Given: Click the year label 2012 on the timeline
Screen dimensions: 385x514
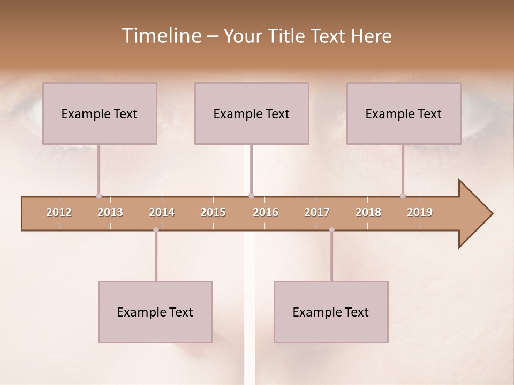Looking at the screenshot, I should [x=59, y=212].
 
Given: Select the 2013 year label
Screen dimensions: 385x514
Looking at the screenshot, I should [x=110, y=212].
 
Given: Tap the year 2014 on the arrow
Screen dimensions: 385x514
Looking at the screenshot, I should [x=162, y=212].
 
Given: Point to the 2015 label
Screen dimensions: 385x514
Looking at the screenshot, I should [x=213, y=212].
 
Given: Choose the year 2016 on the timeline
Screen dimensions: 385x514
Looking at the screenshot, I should [x=266, y=212].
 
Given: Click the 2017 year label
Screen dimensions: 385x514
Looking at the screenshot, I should [x=317, y=212].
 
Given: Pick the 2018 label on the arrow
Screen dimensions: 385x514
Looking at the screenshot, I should [x=368, y=212].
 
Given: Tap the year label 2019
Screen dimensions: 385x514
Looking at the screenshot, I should [x=420, y=212].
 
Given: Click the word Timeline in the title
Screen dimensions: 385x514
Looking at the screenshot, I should [x=161, y=36].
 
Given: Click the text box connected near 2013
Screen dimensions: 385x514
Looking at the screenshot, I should [x=100, y=113].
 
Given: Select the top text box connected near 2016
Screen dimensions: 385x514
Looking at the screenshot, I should [x=252, y=113].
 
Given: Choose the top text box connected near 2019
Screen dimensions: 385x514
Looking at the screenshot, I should [x=404, y=113].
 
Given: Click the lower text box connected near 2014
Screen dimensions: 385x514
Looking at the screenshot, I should [x=155, y=312].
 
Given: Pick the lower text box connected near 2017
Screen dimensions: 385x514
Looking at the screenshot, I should [x=331, y=312].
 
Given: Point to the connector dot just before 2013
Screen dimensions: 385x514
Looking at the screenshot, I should [x=99, y=196].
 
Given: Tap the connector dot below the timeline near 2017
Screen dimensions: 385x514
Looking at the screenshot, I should [x=331, y=230].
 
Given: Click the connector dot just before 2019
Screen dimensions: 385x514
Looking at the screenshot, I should [x=403, y=196].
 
